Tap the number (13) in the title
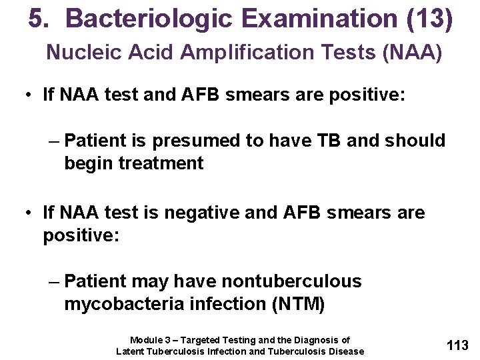[429, 19]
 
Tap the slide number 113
[457, 345]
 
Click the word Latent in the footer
[131, 351]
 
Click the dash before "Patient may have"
[54, 281]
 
